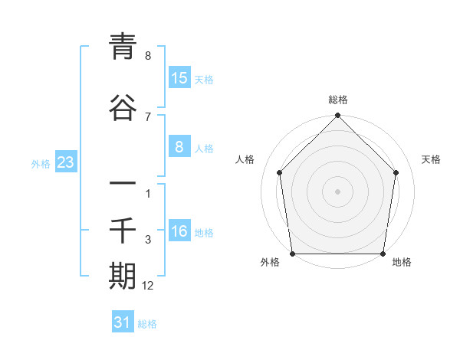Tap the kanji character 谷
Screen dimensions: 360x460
coord(123,108)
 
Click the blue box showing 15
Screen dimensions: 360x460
coord(179,78)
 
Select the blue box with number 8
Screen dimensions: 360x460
coord(179,148)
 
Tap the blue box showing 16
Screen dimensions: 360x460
coord(179,232)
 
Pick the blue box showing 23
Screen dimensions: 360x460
coord(65,163)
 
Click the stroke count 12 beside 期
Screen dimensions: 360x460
coord(148,286)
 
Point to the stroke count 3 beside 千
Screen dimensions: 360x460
coord(148,241)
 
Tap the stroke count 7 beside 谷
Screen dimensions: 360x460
coord(148,116)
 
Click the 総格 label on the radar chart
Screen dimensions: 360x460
coord(337,100)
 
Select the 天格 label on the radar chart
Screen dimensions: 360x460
coord(431,159)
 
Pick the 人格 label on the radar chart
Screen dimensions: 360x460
coord(245,159)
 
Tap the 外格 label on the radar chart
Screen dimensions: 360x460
coord(270,263)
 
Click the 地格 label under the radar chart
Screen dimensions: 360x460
coord(402,263)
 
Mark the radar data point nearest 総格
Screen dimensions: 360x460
coord(337,116)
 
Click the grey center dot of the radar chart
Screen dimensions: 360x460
coord(337,191)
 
